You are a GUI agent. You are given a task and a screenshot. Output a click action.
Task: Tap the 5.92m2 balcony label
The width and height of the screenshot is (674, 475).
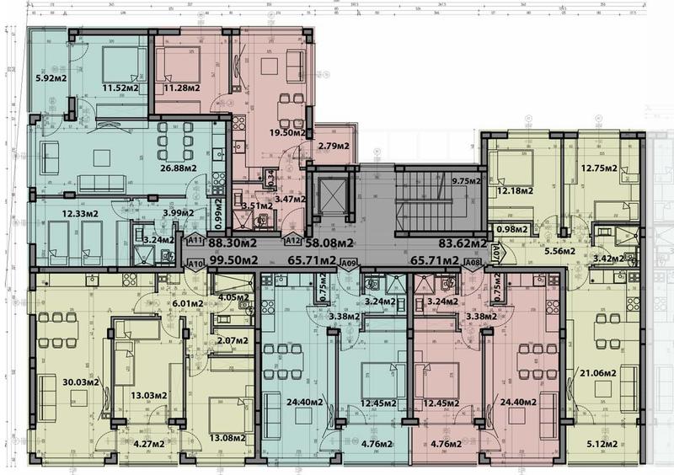click(50, 81)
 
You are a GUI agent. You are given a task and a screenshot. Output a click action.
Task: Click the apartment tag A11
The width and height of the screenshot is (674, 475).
click(195, 241)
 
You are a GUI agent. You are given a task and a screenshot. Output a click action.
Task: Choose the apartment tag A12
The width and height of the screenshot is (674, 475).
click(294, 241)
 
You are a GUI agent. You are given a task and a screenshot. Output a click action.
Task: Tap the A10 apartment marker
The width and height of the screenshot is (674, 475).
click(195, 263)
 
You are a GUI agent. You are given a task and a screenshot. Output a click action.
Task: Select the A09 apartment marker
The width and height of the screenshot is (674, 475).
click(349, 263)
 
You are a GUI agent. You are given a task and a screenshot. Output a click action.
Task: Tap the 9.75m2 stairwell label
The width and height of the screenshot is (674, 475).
click(465, 180)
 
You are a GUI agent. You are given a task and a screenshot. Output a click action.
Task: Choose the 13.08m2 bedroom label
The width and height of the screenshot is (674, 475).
click(229, 437)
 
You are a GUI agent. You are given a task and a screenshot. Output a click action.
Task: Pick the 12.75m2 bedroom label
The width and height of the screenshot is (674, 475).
click(598, 167)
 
